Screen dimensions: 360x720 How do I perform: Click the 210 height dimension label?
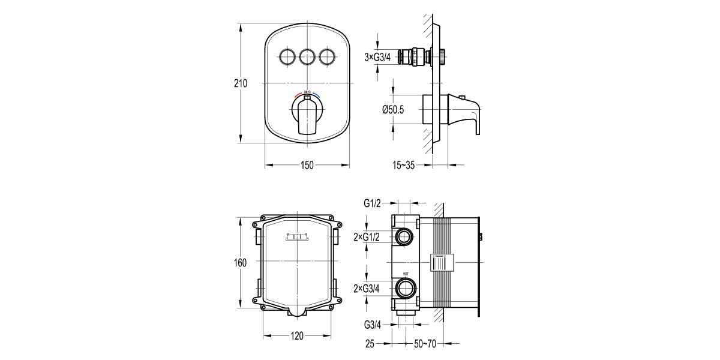241,83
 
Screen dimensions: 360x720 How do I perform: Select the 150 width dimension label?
307,166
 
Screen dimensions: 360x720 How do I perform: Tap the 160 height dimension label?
241,263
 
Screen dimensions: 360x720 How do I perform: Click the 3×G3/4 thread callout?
377,57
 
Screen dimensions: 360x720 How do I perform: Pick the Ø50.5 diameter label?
392,109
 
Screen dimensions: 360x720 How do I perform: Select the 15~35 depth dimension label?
403,166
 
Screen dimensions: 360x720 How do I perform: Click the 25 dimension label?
370,344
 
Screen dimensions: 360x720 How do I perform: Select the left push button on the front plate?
287,57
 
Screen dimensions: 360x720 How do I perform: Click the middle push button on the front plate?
307,57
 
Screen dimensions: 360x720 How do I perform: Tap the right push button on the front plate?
327,57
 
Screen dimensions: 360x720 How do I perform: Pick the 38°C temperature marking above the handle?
307,92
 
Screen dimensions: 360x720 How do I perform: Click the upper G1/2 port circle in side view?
404,236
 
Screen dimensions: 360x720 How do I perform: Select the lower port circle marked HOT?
404,289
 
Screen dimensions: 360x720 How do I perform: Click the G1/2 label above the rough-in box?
372,203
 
